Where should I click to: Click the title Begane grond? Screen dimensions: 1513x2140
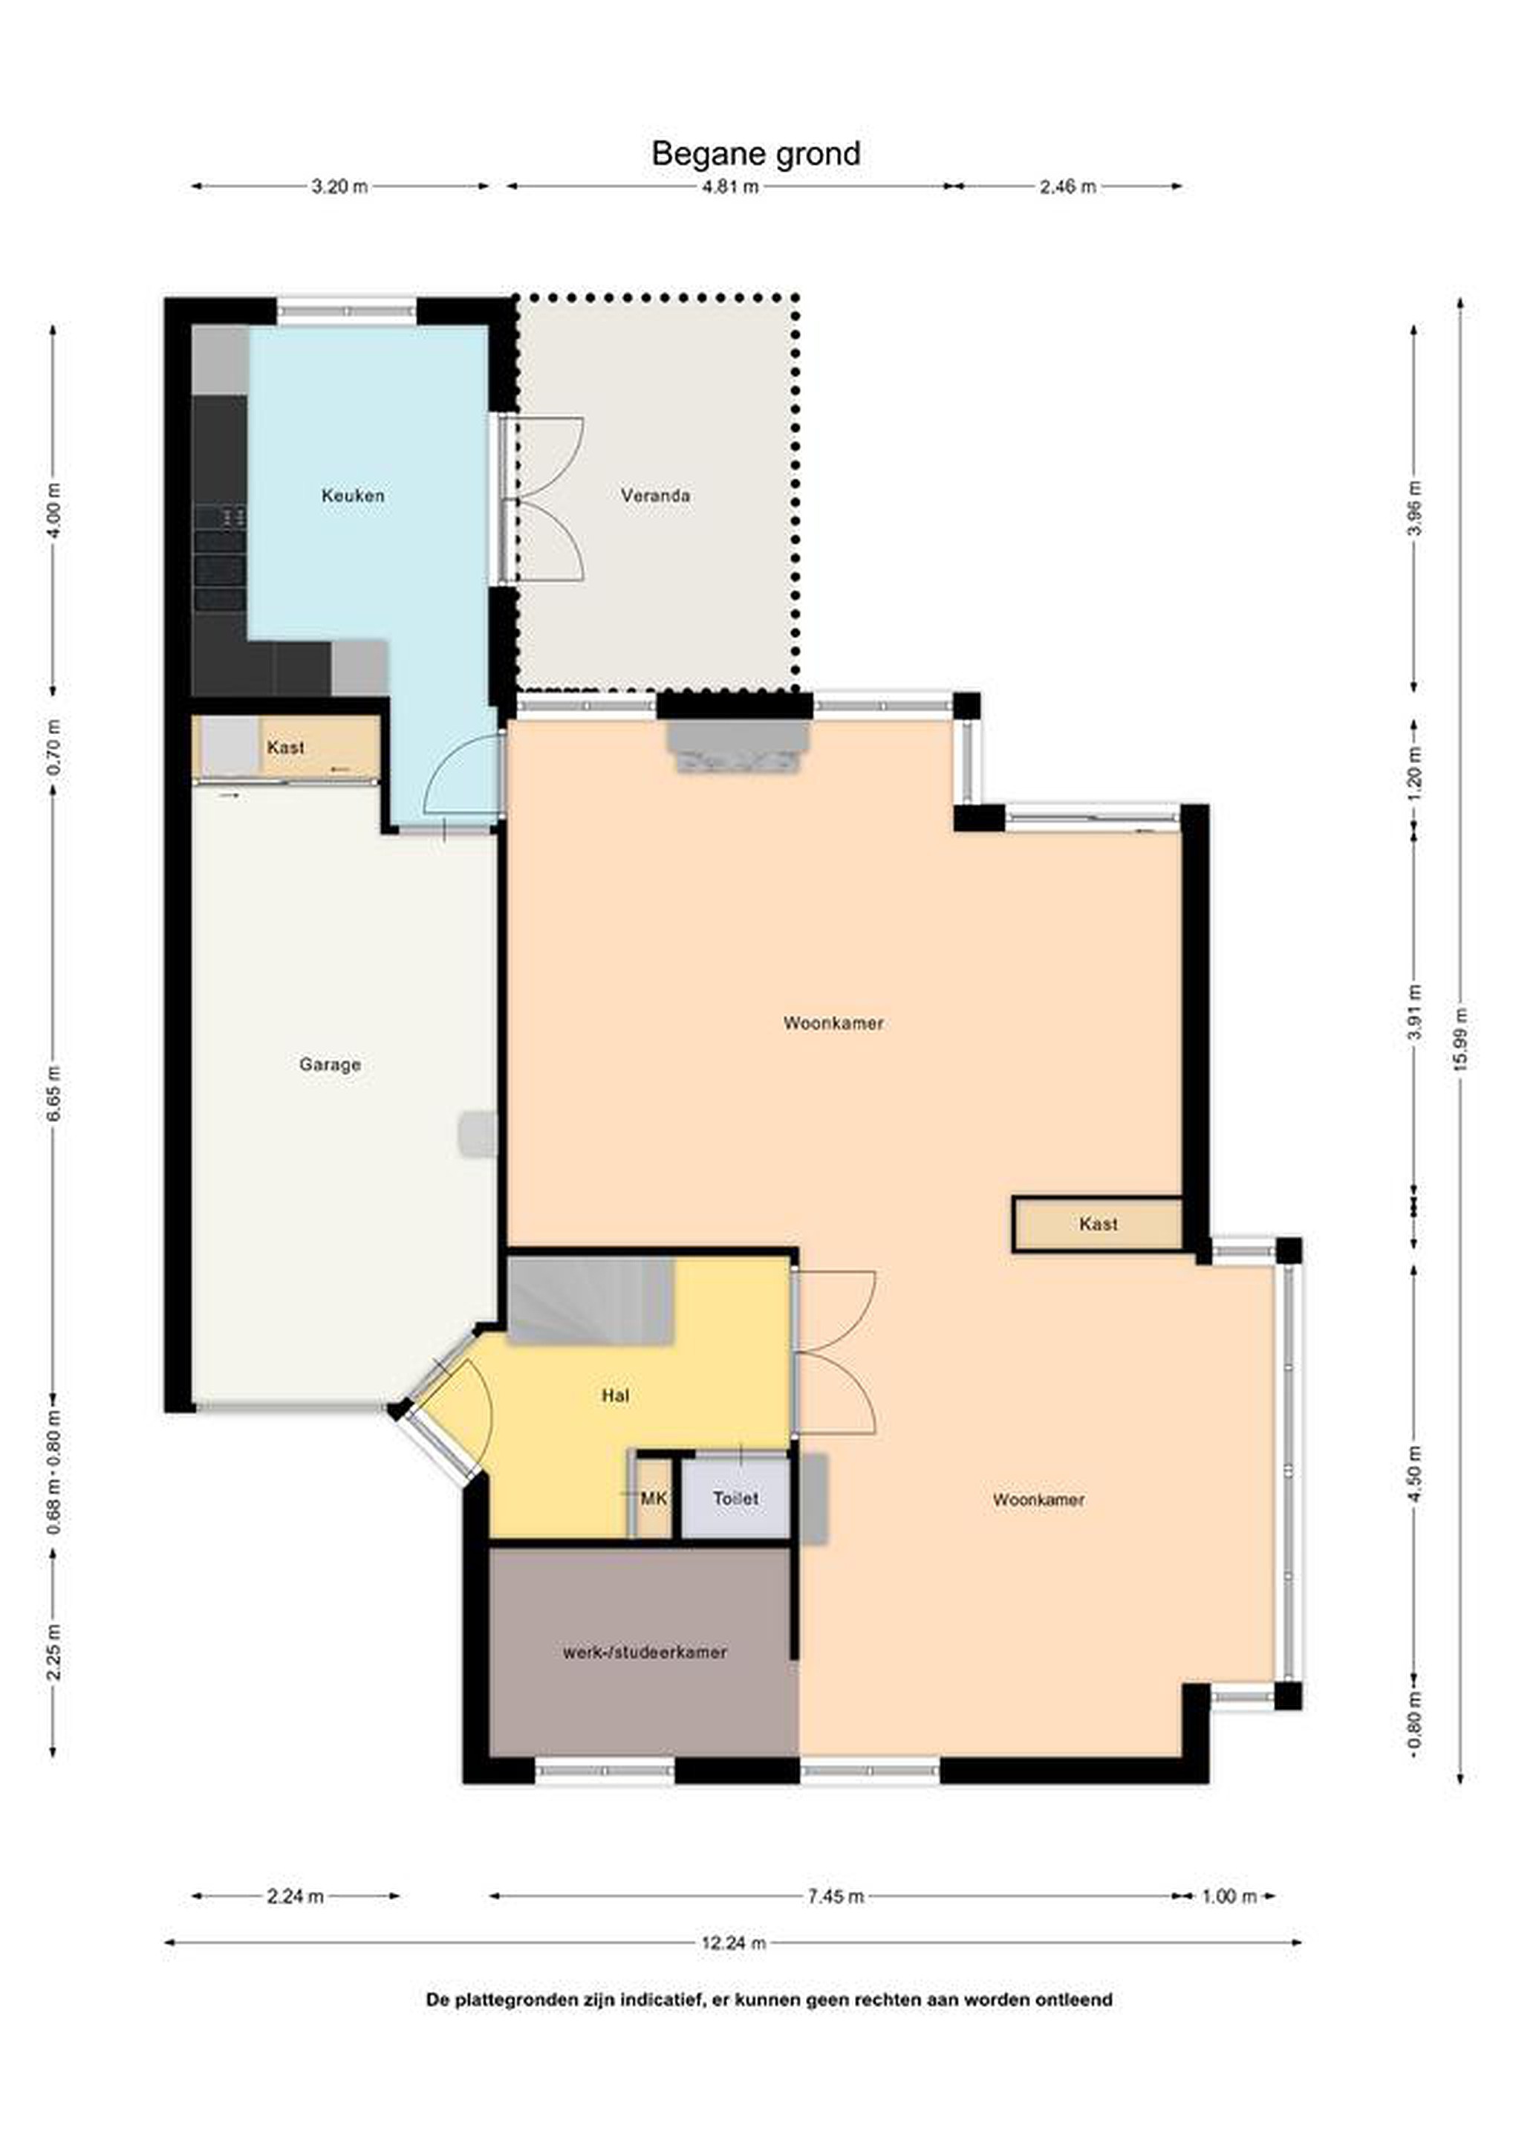tap(755, 154)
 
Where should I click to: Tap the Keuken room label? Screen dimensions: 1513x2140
tap(353, 496)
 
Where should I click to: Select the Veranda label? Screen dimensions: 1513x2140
tap(656, 496)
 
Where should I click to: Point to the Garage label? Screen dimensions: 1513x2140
tap(330, 1064)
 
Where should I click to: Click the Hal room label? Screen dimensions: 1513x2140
tap(616, 1395)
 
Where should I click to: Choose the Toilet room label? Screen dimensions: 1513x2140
tap(736, 1499)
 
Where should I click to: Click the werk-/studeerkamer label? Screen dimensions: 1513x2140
tap(645, 1653)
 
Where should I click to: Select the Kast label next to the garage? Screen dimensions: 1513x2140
tap(285, 748)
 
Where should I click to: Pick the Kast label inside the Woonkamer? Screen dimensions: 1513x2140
tap(1099, 1224)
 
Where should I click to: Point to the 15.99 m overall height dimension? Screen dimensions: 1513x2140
tap(1460, 1040)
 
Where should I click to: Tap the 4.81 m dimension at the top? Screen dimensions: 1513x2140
tap(730, 187)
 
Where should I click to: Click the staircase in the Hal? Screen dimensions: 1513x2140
tap(590, 1300)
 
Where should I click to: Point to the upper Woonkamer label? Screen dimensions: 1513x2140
tap(833, 1022)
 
